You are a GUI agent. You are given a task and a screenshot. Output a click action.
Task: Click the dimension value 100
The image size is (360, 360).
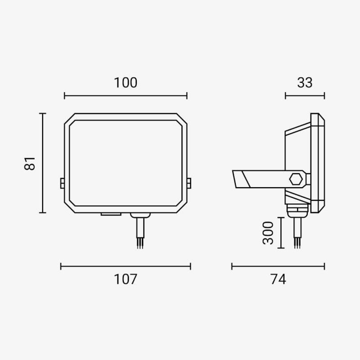point(126,83)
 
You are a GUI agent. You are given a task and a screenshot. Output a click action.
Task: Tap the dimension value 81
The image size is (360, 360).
point(30,163)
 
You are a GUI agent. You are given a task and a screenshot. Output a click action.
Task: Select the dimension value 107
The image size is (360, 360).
point(126,279)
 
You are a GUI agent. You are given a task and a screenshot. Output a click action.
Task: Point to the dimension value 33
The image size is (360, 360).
point(305,83)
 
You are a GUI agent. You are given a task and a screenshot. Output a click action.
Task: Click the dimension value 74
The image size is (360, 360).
point(278,279)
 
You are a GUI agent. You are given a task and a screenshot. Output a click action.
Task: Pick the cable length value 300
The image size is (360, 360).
point(268,233)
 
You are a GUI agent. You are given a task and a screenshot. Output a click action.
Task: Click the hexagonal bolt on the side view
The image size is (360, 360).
point(296,179)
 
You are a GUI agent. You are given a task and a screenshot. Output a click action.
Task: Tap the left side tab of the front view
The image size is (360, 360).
point(63,183)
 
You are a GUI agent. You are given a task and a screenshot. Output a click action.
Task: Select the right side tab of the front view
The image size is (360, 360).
point(189,183)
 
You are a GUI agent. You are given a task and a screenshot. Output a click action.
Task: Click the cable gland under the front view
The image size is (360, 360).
point(140,216)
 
